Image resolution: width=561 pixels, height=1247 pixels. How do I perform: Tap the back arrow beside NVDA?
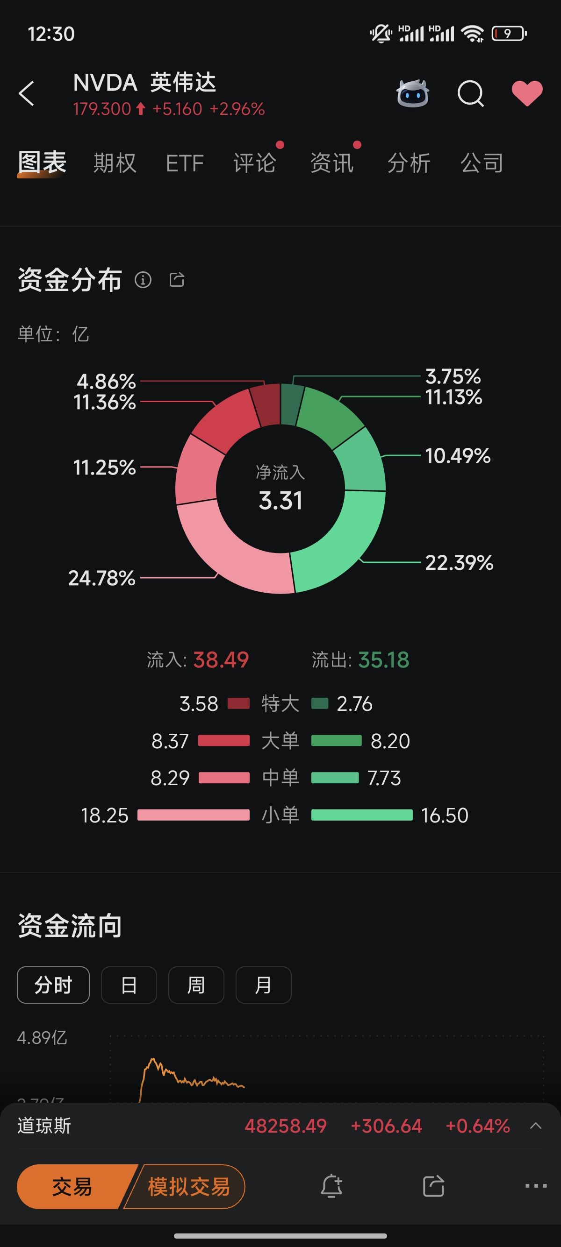27,93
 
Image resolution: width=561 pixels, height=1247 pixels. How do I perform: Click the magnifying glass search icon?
470,93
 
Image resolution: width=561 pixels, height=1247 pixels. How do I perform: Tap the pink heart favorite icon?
527,93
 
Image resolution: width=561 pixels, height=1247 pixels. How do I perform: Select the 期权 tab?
115,163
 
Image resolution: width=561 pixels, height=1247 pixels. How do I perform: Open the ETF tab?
185,163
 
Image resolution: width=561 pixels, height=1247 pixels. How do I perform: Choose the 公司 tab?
482,163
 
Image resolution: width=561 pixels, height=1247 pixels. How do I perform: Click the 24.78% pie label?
102,578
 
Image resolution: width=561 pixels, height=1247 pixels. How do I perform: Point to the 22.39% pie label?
459,562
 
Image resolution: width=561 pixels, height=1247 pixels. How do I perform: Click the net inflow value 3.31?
280,501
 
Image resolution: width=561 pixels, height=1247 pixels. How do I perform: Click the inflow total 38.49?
221,660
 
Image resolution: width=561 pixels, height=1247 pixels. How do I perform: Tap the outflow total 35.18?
384,660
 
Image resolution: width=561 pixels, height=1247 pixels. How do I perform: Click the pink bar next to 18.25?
193,815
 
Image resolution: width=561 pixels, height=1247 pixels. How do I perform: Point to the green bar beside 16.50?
361,815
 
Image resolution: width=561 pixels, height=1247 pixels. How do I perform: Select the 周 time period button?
196,985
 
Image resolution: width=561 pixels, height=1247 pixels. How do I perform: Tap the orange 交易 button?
72,1186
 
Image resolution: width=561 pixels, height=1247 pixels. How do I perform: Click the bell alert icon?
331,1186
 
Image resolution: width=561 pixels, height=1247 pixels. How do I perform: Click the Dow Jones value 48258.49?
285,1126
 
